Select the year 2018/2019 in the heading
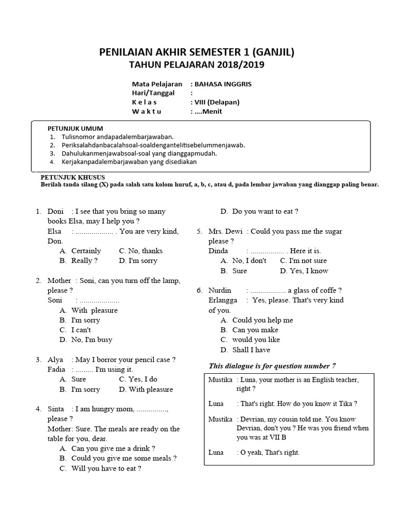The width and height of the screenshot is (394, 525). pyautogui.click(x=234, y=65)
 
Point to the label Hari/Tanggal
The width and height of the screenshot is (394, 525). pyautogui.click(x=153, y=93)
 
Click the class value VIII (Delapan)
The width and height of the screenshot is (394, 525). pyautogui.click(x=216, y=102)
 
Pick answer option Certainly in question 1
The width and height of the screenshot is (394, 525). pyautogui.click(x=86, y=251)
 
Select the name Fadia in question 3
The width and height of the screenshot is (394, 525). pyautogui.click(x=56, y=369)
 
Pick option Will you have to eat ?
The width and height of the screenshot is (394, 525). pyautogui.click(x=106, y=468)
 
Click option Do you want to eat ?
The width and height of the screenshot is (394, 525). pyautogui.click(x=265, y=211)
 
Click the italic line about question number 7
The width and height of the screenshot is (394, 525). pyautogui.click(x=272, y=366)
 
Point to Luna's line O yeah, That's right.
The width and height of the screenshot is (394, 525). pyautogui.click(x=268, y=452)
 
